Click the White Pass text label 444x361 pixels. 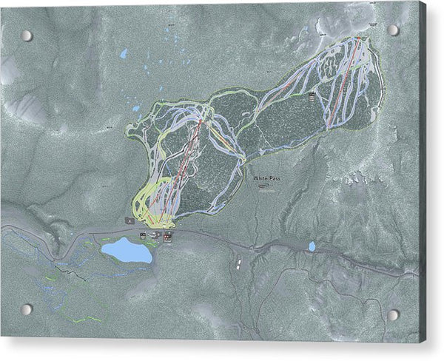pos(266,178)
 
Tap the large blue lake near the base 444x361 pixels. pos(127,251)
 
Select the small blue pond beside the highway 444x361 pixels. pos(312,246)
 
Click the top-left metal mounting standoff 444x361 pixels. pos(26,36)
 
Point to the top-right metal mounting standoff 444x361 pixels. pos(393,30)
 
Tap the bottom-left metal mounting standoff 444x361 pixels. pos(27,308)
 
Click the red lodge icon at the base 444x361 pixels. pos(168,236)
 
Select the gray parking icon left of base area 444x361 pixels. pos(129,220)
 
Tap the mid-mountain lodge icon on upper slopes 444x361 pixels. pos(312,95)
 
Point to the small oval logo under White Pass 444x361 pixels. pos(264,187)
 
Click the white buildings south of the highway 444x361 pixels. pos(238,262)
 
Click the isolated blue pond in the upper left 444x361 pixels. pos(124,53)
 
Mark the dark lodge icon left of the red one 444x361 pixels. pos(155,235)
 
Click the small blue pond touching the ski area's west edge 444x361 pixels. pos(135,109)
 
